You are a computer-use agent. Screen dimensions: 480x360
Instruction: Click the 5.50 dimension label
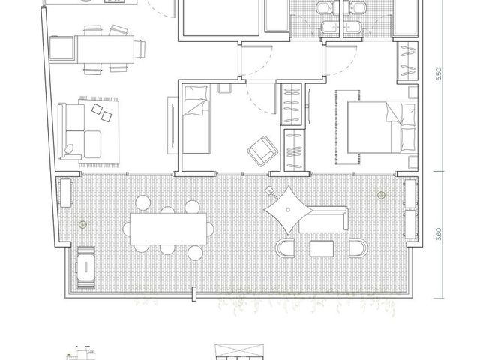click(x=439, y=73)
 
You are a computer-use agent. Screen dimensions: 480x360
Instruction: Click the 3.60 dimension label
click(x=439, y=234)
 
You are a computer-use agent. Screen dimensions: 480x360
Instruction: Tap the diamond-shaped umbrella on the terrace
click(x=288, y=210)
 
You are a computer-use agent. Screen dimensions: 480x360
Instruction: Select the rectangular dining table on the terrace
click(x=168, y=229)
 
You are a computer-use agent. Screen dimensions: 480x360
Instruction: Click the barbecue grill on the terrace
click(x=85, y=268)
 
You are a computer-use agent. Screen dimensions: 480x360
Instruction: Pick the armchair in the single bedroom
click(x=262, y=151)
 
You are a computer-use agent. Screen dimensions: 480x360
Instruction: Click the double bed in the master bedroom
click(x=382, y=127)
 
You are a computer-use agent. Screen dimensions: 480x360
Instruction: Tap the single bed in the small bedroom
click(x=196, y=119)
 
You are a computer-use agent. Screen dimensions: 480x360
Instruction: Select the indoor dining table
click(x=105, y=49)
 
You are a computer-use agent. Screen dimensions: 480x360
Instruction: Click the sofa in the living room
click(x=79, y=132)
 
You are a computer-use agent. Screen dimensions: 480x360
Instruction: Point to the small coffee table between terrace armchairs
click(x=322, y=248)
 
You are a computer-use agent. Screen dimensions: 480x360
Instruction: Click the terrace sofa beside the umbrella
click(x=324, y=219)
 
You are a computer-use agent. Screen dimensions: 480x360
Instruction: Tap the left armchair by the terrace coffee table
click(x=286, y=248)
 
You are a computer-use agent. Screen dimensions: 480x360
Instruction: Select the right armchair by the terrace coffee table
click(x=358, y=248)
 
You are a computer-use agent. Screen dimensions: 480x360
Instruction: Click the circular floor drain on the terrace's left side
click(x=82, y=225)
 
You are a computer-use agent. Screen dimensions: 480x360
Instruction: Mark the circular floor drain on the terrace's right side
click(x=381, y=195)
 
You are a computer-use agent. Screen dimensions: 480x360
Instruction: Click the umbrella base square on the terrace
click(x=269, y=190)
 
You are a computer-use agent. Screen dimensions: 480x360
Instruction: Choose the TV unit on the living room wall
click(x=172, y=125)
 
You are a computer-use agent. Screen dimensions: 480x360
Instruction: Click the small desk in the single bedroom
click(x=224, y=88)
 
